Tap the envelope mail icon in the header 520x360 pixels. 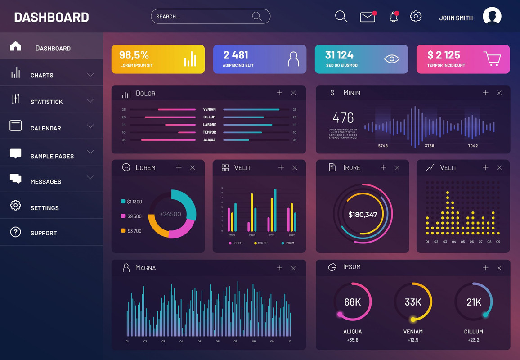[368, 17]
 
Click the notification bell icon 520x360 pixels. [394, 17]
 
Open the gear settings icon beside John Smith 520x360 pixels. [416, 17]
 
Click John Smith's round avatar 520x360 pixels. [492, 17]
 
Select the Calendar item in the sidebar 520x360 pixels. [45, 128]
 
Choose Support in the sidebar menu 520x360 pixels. [43, 233]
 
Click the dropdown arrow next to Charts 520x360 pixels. [90, 75]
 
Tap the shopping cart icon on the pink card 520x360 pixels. [492, 58]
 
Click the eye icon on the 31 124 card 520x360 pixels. [392, 58]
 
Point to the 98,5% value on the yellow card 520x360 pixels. [134, 55]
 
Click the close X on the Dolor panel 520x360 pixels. [293, 93]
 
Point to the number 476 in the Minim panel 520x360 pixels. [343, 118]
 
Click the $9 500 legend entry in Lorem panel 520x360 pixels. [134, 216]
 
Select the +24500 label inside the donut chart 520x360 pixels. [170, 214]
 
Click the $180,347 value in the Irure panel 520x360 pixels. [363, 215]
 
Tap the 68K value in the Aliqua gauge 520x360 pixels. [353, 302]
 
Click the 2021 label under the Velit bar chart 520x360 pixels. [272, 235]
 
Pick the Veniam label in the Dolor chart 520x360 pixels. [209, 109]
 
